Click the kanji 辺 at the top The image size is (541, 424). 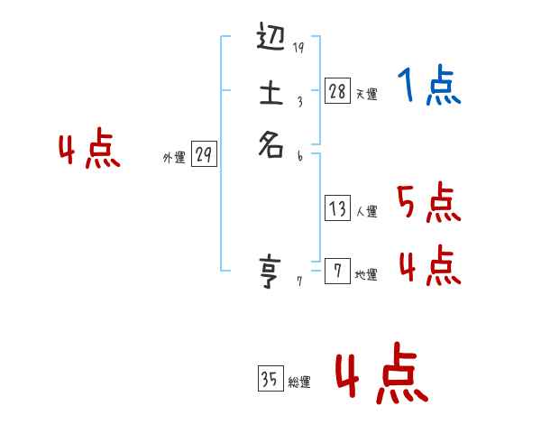(271, 41)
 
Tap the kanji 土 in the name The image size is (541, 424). (271, 93)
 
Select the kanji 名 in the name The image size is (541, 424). (271, 145)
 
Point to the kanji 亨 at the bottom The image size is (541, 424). (271, 272)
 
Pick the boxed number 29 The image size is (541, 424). (204, 155)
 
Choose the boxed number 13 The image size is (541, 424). (337, 209)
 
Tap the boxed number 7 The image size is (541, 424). (337, 272)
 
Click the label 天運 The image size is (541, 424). (366, 94)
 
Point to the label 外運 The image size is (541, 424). (174, 158)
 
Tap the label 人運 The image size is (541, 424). (366, 213)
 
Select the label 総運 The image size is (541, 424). (299, 383)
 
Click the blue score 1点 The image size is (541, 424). (429, 87)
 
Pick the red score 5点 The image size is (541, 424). (429, 204)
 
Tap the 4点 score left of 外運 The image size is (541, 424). (89, 151)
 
